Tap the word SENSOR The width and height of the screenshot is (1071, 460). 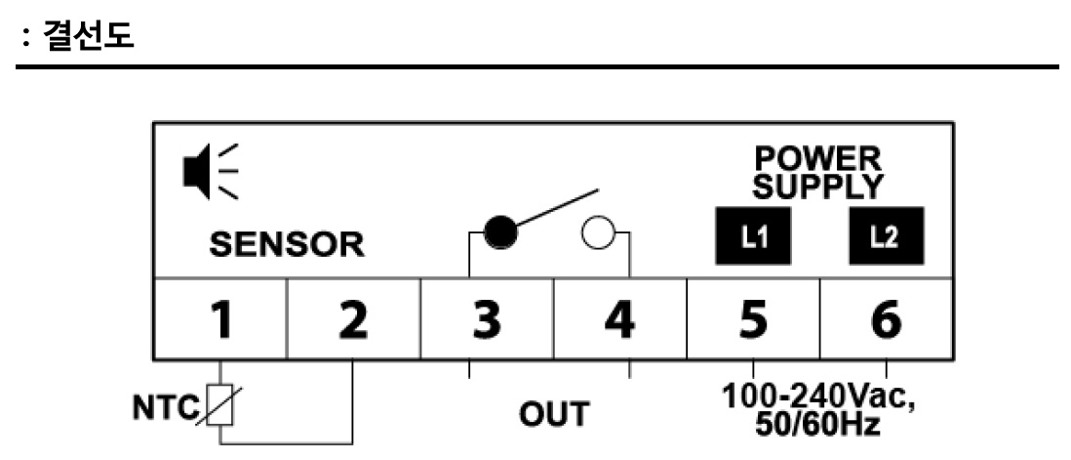[x=286, y=244]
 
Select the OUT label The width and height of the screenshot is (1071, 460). [x=553, y=413]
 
